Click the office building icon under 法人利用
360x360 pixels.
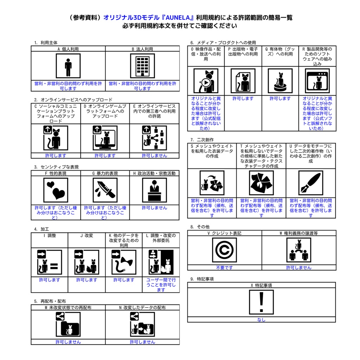(x=142, y=66)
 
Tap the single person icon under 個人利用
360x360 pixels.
(x=68, y=66)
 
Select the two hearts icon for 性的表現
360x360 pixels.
(x=56, y=190)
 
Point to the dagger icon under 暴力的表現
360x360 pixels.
(x=105, y=190)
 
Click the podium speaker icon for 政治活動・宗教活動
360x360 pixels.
(x=155, y=190)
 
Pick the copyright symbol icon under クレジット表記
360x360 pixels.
(x=224, y=250)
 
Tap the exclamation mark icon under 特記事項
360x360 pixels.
(x=261, y=302)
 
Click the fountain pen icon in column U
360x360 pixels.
(x=311, y=183)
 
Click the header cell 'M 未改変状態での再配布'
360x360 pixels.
(x=68, y=307)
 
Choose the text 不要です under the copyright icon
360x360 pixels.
(x=224, y=268)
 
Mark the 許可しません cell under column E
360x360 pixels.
(x=155, y=156)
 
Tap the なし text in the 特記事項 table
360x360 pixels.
(x=261, y=320)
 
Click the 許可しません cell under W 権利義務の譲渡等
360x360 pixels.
(x=299, y=268)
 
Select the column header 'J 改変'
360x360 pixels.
(x=86, y=236)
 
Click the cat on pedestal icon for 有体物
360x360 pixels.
(x=280, y=81)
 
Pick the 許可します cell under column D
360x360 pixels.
(x=105, y=156)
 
